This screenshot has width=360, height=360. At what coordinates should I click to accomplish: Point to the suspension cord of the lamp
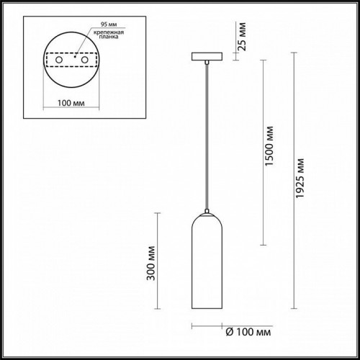(207, 137)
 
